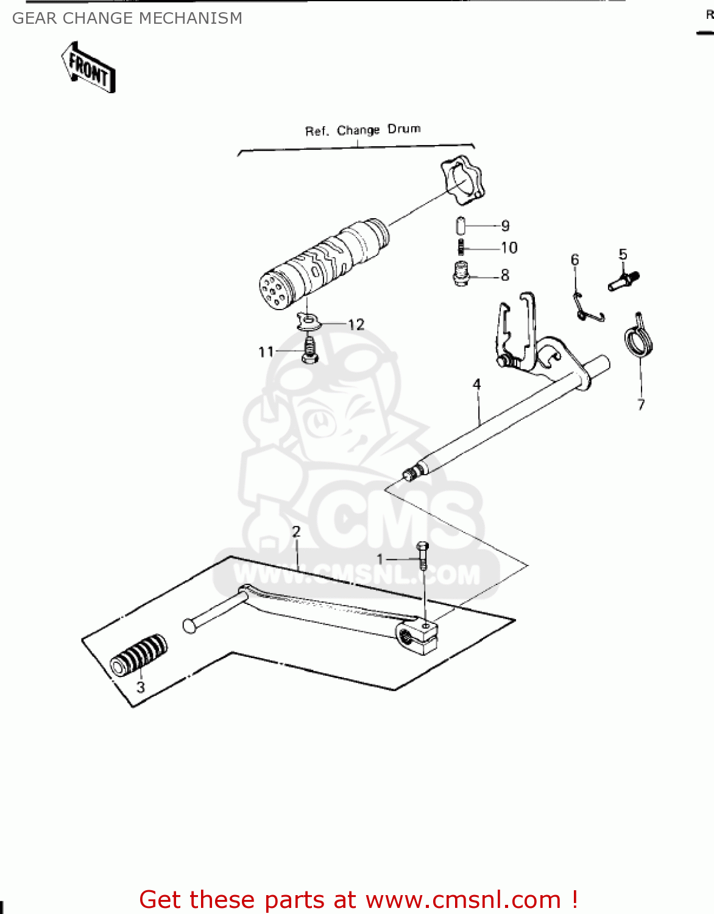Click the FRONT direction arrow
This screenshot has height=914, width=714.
(89, 68)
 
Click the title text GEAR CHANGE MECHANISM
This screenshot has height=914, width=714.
(127, 18)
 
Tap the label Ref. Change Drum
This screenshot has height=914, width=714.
(362, 130)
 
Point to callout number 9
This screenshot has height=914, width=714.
(505, 226)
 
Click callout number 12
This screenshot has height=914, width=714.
(356, 324)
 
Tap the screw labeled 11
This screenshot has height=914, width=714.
(310, 350)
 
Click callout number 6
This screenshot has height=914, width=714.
(574, 260)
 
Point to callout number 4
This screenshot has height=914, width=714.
(476, 384)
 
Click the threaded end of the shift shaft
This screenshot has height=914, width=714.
(410, 473)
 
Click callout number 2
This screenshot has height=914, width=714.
(296, 531)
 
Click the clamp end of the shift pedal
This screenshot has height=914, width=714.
(419, 637)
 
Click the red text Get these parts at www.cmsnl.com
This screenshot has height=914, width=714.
(358, 899)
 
